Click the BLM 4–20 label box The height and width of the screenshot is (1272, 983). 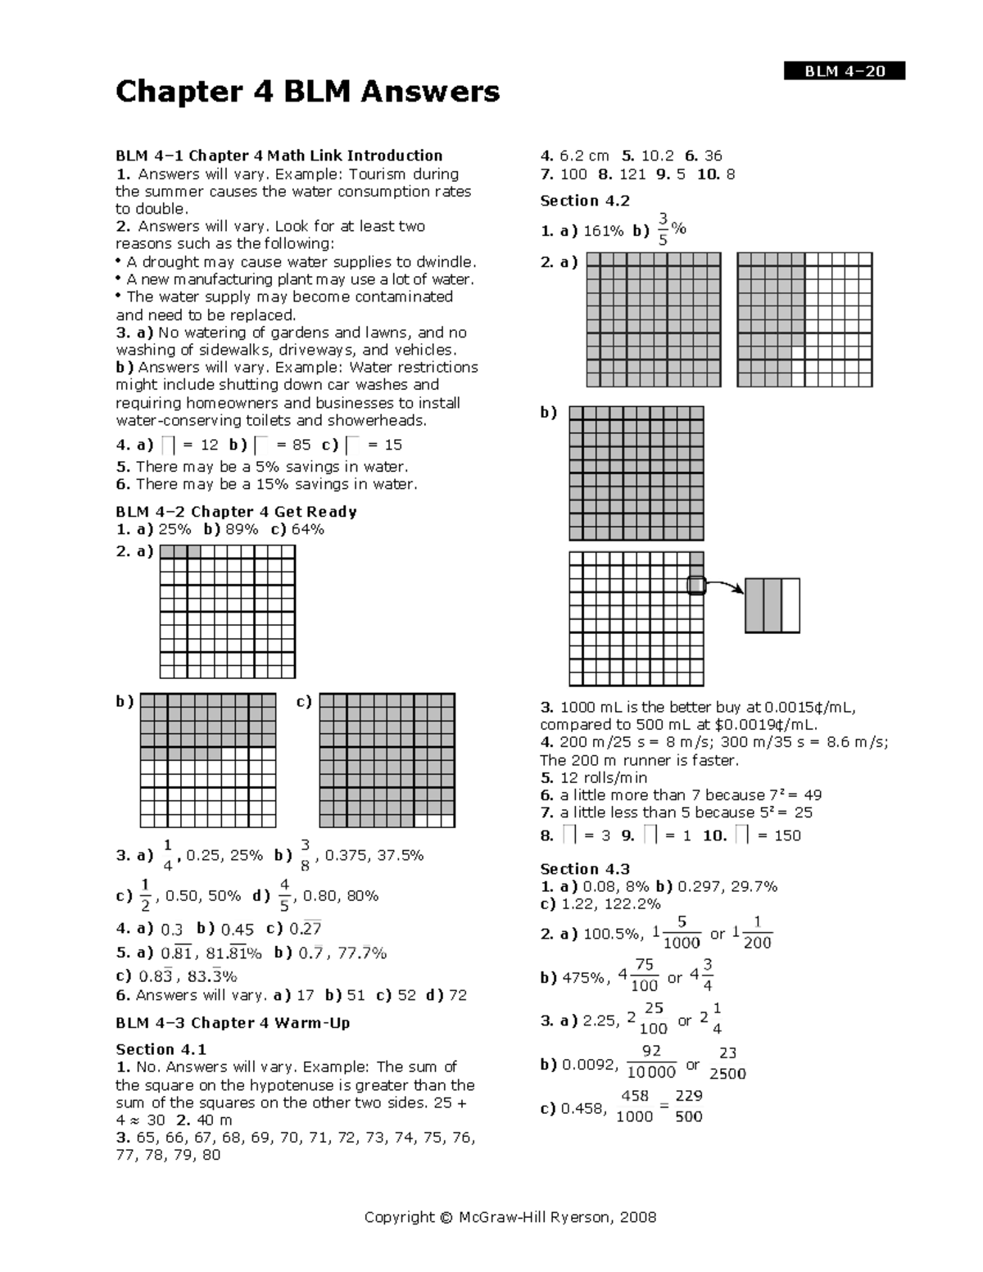[845, 71]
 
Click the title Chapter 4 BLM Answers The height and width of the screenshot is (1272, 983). [307, 92]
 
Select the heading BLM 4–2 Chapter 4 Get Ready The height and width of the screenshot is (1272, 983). [236, 512]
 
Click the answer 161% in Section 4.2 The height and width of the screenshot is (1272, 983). [603, 231]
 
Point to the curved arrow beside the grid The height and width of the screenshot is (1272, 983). [724, 585]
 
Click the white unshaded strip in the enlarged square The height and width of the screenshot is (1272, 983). [790, 605]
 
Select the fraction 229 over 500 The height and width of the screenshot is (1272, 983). [689, 1106]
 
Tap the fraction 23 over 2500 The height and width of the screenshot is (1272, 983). [727, 1063]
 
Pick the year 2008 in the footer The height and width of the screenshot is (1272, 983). [638, 1217]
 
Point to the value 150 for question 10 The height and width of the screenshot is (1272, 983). [787, 835]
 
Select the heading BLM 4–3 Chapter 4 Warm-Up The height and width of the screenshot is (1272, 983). [233, 1023]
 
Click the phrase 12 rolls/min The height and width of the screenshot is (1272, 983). [604, 777]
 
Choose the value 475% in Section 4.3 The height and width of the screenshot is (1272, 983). [586, 977]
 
